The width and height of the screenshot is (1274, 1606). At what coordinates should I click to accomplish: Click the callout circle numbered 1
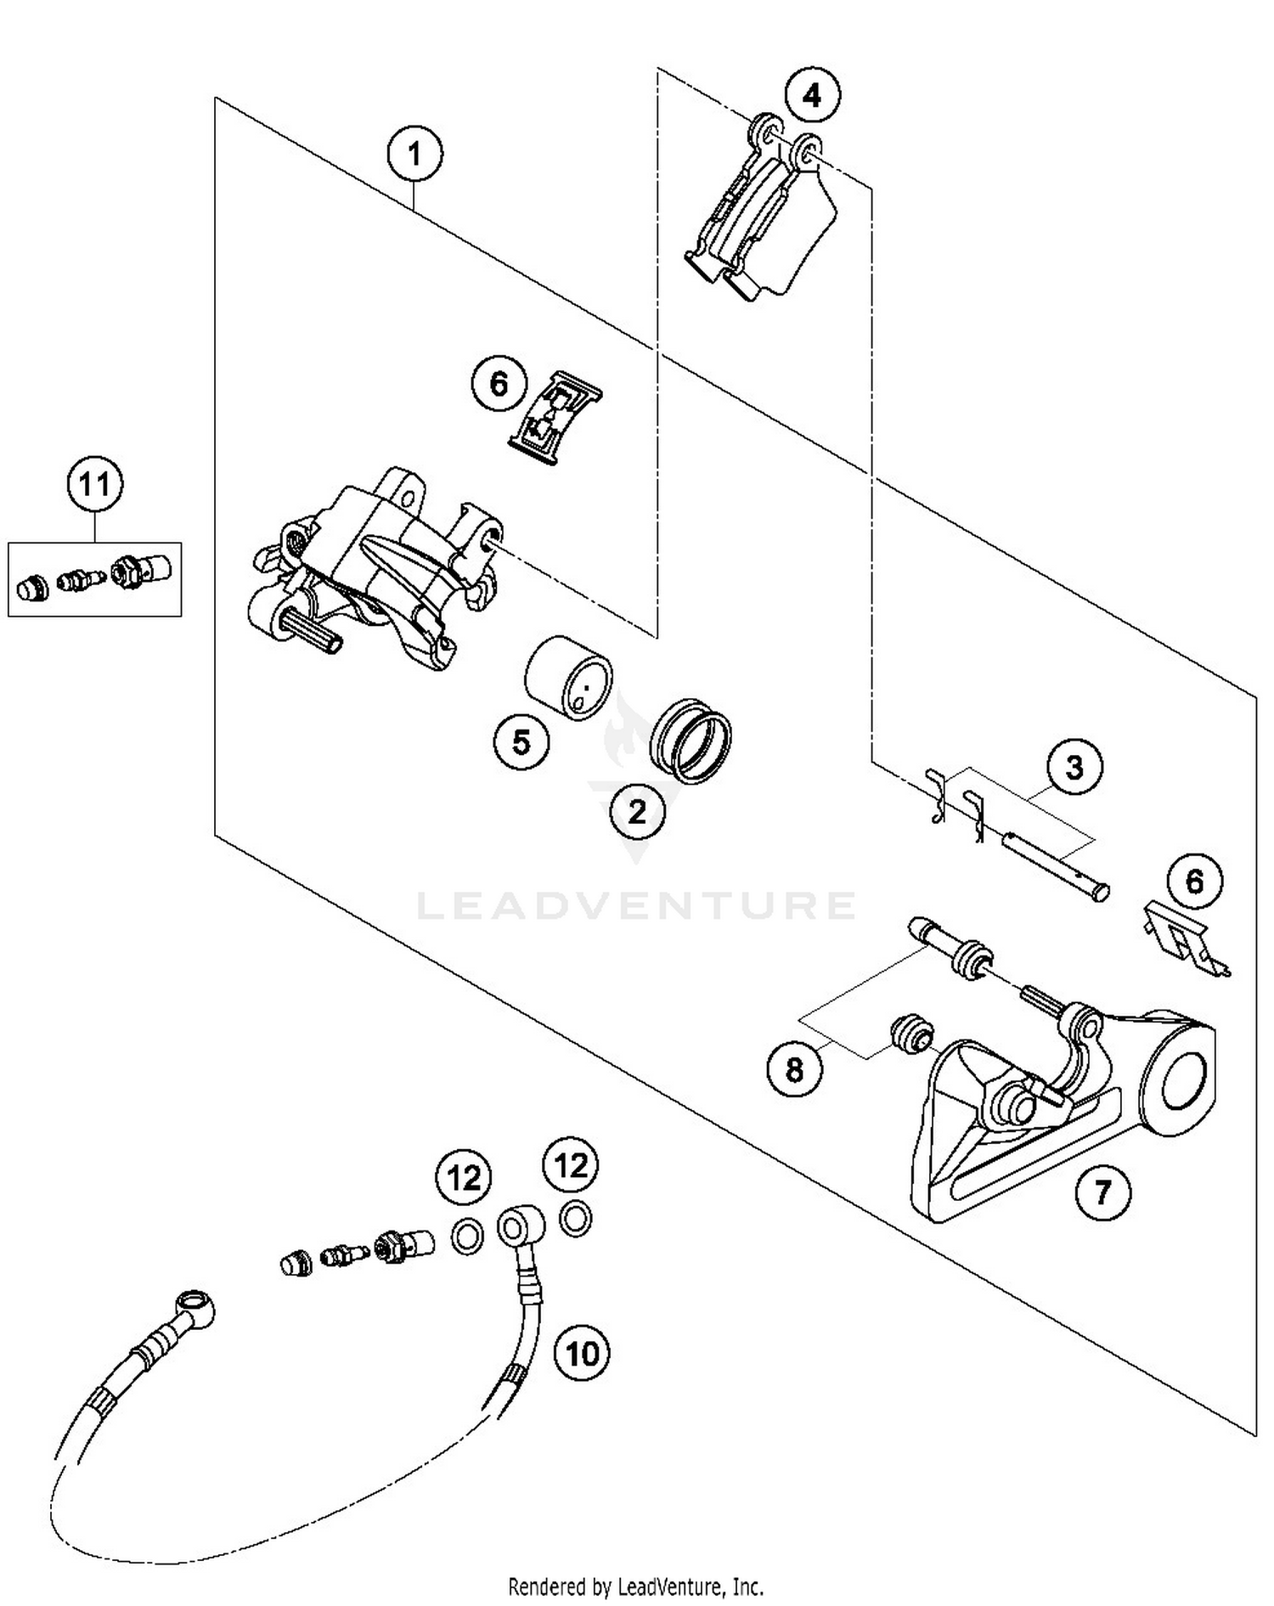(x=414, y=155)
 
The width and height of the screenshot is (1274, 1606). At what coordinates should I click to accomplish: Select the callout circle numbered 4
(x=812, y=95)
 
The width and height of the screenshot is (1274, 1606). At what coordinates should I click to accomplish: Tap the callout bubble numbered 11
(x=94, y=486)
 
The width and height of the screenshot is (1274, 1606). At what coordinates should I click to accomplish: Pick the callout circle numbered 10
(x=582, y=1353)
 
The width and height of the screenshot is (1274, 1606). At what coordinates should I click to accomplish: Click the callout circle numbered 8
(x=794, y=1069)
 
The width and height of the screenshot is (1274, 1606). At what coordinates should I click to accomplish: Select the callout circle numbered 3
(x=1074, y=768)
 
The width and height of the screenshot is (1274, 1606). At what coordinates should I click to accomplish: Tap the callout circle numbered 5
(x=521, y=742)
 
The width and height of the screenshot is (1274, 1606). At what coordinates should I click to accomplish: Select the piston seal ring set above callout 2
(x=690, y=741)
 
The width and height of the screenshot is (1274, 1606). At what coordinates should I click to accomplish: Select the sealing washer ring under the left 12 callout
(x=465, y=1237)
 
